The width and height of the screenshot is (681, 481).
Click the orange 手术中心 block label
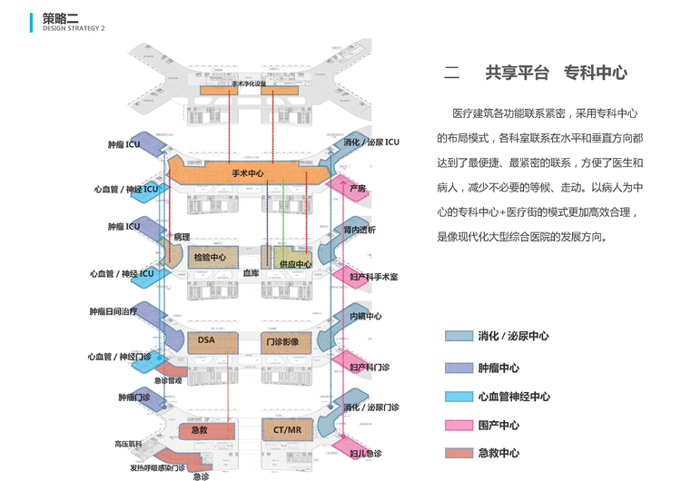pos(247,173)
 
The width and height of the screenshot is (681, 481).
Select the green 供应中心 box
pos(294,263)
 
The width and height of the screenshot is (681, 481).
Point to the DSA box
pos(207,340)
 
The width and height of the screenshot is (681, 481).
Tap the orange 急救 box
pos(201,428)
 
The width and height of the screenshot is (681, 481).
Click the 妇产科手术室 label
pos(373,275)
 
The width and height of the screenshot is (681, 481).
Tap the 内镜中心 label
pos(366,317)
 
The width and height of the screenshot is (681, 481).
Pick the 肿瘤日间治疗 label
pos(113,311)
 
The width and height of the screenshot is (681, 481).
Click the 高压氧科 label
pos(127,444)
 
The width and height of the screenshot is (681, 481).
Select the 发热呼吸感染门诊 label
pos(157,467)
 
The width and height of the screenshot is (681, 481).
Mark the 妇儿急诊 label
pos(365,453)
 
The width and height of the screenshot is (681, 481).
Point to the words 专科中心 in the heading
pos(596,74)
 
